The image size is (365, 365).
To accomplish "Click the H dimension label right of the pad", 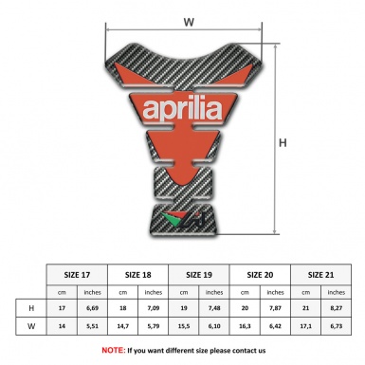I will click(x=282, y=143).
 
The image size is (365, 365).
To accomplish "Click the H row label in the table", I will click(x=31, y=309).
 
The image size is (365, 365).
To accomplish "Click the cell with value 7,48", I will click(x=215, y=309).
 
